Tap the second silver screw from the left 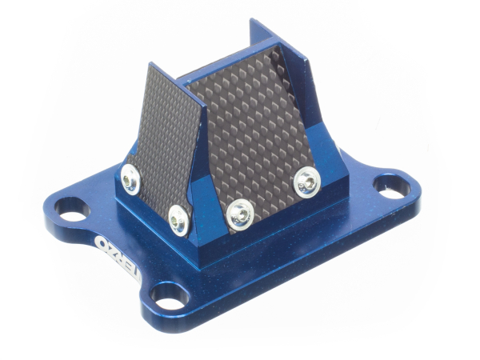click(x=179, y=216)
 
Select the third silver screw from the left click(x=239, y=213)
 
